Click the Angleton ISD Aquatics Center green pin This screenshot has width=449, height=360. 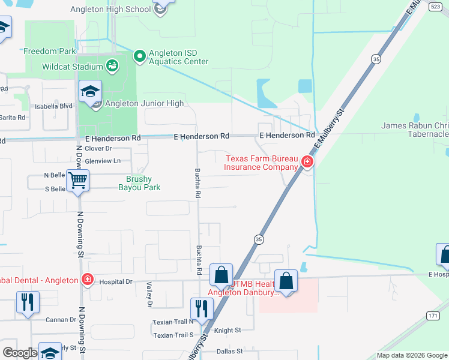(x=140, y=57)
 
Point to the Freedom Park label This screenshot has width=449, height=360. (x=50, y=52)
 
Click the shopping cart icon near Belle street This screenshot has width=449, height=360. (x=77, y=180)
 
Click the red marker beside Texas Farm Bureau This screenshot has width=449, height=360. (x=307, y=161)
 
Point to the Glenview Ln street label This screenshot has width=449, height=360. (x=103, y=161)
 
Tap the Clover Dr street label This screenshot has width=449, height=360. (x=98, y=148)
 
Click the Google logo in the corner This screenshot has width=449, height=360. (x=20, y=353)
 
